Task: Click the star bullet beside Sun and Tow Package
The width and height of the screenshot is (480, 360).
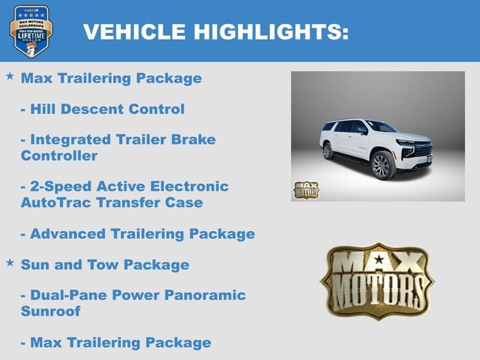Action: pos(10,262)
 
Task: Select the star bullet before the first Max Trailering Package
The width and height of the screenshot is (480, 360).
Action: pos(10,76)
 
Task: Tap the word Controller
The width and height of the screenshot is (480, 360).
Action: pos(59,156)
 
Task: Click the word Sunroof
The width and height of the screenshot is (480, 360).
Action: pos(50,311)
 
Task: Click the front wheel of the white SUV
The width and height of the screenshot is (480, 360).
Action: pos(382,166)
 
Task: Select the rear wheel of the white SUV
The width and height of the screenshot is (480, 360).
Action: pos(327,151)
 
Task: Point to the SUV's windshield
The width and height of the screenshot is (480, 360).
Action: pos(381,127)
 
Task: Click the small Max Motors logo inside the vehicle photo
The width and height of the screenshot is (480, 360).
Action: pos(305,190)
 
